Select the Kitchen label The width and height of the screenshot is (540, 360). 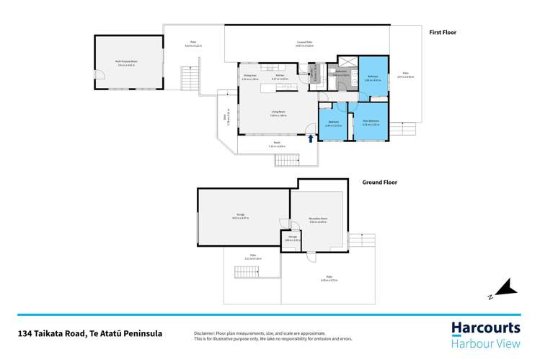click(x=280, y=75)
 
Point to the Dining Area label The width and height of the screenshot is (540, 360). click(x=250, y=75)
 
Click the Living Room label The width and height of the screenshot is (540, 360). click(x=278, y=112)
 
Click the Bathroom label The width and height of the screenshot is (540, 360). click(x=341, y=71)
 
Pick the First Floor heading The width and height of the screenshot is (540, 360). click(x=443, y=32)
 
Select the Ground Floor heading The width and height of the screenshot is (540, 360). click(x=379, y=183)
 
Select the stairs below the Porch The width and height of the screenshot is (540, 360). click(x=286, y=159)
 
